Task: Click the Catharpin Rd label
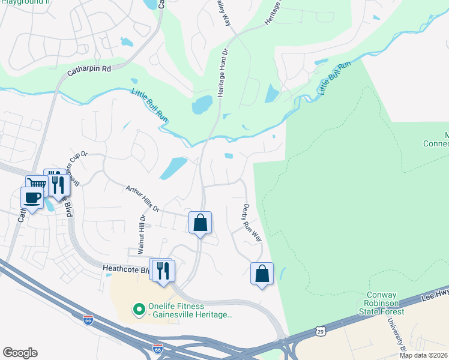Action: [89, 69]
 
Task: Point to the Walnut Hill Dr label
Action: [142, 235]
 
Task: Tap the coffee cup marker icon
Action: [32, 197]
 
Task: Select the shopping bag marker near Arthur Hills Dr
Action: [200, 222]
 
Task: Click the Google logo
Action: [20, 353]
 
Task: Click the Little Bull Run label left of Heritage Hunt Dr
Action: [149, 106]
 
